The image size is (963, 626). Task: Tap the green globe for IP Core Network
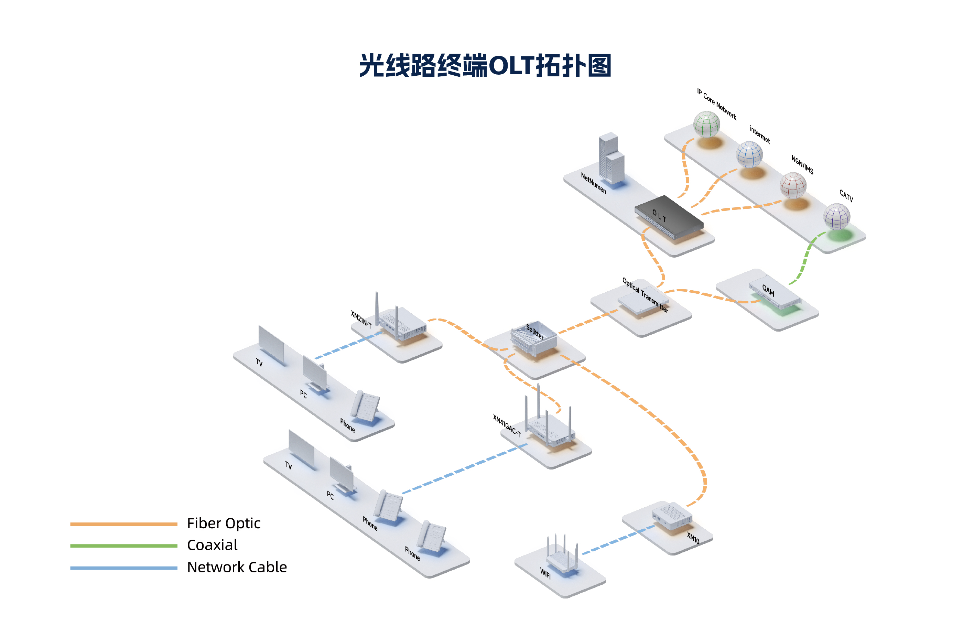coord(706,124)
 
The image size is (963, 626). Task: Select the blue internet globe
coord(749,154)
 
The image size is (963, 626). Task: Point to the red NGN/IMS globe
coord(793,185)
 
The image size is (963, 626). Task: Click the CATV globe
coord(836,216)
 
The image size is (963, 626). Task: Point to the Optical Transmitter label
coord(645,294)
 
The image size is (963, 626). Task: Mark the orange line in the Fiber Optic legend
coord(123,524)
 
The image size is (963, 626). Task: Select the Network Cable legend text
coord(237,567)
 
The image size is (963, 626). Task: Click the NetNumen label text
coord(593,183)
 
